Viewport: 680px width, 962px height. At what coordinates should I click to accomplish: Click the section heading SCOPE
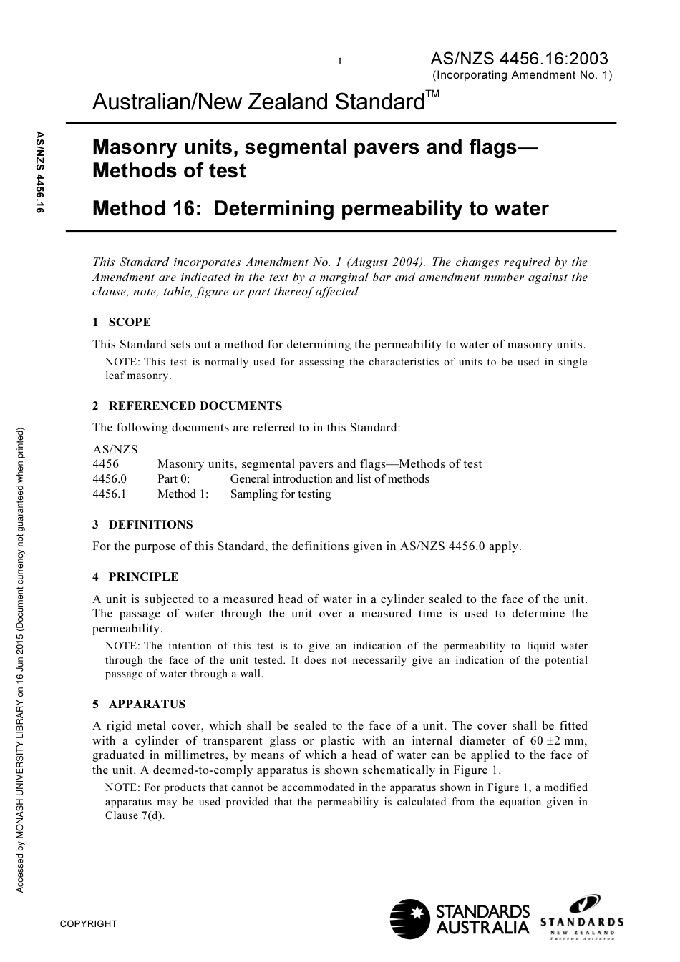[x=130, y=323]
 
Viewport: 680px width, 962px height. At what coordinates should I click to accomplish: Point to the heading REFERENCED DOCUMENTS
[x=195, y=406]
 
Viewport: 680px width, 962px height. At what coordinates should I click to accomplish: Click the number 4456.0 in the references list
[x=110, y=479]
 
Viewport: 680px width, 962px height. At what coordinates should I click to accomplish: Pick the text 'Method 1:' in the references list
[x=183, y=494]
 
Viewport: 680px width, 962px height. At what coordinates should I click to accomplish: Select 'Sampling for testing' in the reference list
[x=281, y=494]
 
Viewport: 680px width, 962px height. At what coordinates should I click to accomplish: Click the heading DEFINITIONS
[x=150, y=525]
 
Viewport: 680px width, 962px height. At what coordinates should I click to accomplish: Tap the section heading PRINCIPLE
[x=143, y=577]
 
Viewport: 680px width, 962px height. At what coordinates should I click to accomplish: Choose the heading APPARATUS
[x=147, y=705]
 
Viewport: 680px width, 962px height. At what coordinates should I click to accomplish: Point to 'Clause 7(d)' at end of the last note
[x=135, y=815]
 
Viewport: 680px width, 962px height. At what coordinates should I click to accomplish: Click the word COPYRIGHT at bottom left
[x=88, y=924]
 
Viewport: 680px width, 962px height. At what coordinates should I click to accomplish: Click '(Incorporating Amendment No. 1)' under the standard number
[x=522, y=75]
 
